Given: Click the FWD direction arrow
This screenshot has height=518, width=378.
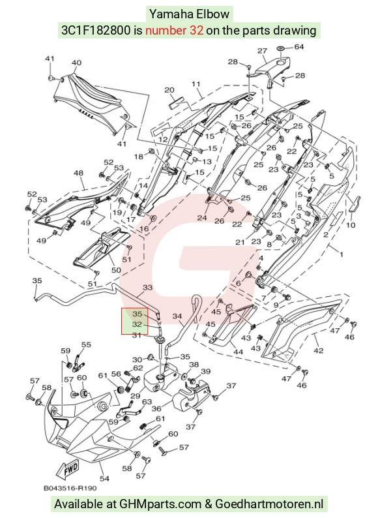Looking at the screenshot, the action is (x=67, y=470).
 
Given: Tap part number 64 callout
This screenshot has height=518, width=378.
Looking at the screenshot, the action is (x=298, y=47).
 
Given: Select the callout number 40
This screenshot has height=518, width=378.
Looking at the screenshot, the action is (x=76, y=63).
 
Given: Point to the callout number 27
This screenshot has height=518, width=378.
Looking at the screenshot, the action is (x=262, y=51).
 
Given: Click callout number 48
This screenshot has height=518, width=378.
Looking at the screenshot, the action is (x=78, y=173).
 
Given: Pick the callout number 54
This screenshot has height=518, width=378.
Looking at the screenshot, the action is (x=105, y=478).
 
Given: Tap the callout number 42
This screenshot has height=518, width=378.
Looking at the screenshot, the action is (x=318, y=350).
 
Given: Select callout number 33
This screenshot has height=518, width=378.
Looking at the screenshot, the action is (x=147, y=288).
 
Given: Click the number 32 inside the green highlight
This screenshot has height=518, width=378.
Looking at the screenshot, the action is (x=137, y=324).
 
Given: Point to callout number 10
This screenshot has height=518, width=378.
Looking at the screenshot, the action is (x=351, y=225).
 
